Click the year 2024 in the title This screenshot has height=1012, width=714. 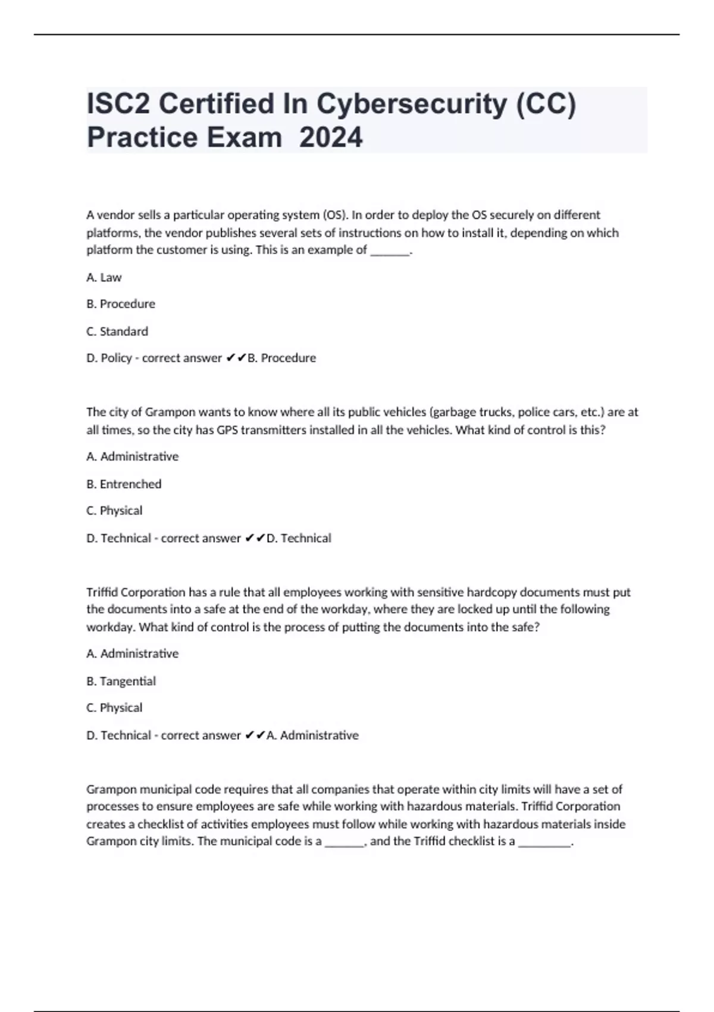tap(331, 138)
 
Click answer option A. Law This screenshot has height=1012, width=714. tap(104, 277)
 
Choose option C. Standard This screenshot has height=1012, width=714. tap(117, 331)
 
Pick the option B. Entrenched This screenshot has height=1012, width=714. tap(124, 484)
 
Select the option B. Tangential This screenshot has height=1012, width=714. tap(121, 681)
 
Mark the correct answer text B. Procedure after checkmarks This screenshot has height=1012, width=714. tap(281, 358)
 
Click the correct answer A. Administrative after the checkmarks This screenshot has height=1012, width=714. tap(313, 735)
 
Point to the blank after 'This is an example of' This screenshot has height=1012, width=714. tap(390, 251)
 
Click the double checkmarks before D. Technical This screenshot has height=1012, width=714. tap(255, 538)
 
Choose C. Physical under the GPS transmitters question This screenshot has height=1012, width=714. tap(114, 511)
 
